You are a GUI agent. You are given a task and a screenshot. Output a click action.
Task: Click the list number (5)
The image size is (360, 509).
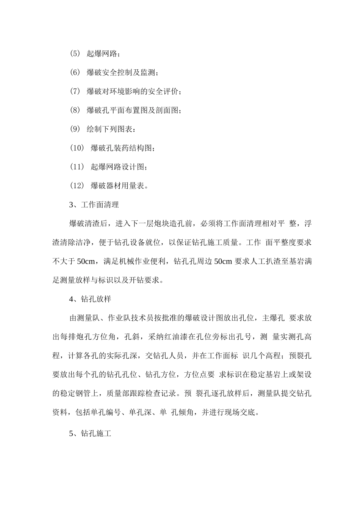75,53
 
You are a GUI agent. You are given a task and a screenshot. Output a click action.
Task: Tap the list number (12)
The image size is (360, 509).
77,186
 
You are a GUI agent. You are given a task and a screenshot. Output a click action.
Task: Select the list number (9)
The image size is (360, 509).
75,129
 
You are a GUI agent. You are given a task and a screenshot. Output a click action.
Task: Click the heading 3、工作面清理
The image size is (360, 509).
94,205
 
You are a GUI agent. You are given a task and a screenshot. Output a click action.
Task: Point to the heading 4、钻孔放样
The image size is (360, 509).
90,299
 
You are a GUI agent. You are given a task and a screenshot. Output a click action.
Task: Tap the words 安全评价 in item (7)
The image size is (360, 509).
163,91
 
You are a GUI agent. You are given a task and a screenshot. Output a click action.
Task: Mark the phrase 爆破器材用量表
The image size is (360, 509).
117,186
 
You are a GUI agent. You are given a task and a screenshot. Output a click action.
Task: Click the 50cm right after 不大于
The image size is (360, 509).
85,261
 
